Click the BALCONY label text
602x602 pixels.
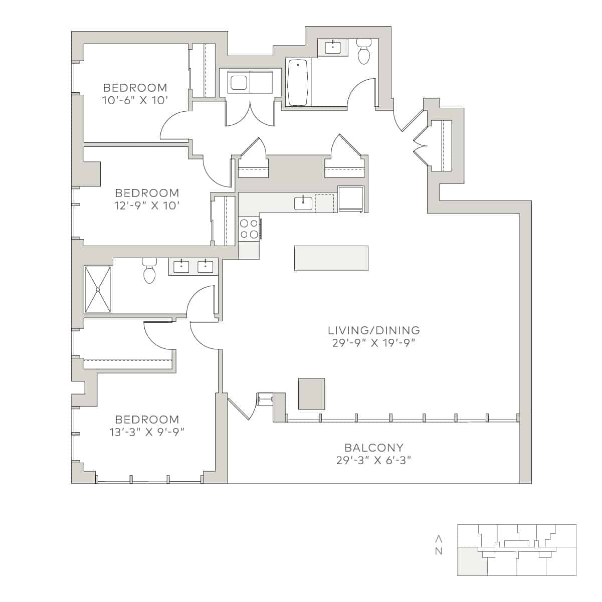(x=373, y=448)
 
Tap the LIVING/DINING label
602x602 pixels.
(x=373, y=330)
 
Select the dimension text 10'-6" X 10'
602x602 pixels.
(x=134, y=100)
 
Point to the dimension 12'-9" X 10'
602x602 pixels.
(x=147, y=206)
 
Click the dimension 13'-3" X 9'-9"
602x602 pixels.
(x=147, y=432)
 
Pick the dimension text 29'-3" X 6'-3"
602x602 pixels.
(x=373, y=460)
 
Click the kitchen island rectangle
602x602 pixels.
(x=331, y=258)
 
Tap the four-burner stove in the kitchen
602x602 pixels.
(x=249, y=229)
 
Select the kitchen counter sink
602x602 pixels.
(x=303, y=203)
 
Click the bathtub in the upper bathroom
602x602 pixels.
(x=298, y=83)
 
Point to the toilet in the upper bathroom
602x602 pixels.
(x=363, y=53)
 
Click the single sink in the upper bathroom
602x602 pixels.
(x=333, y=48)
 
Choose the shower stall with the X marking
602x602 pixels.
(x=98, y=289)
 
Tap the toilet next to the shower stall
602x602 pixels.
(x=149, y=271)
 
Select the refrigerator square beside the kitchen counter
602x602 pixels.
(x=350, y=199)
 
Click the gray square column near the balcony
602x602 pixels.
(x=311, y=394)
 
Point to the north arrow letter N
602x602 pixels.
(x=439, y=552)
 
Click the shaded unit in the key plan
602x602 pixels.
(x=472, y=561)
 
